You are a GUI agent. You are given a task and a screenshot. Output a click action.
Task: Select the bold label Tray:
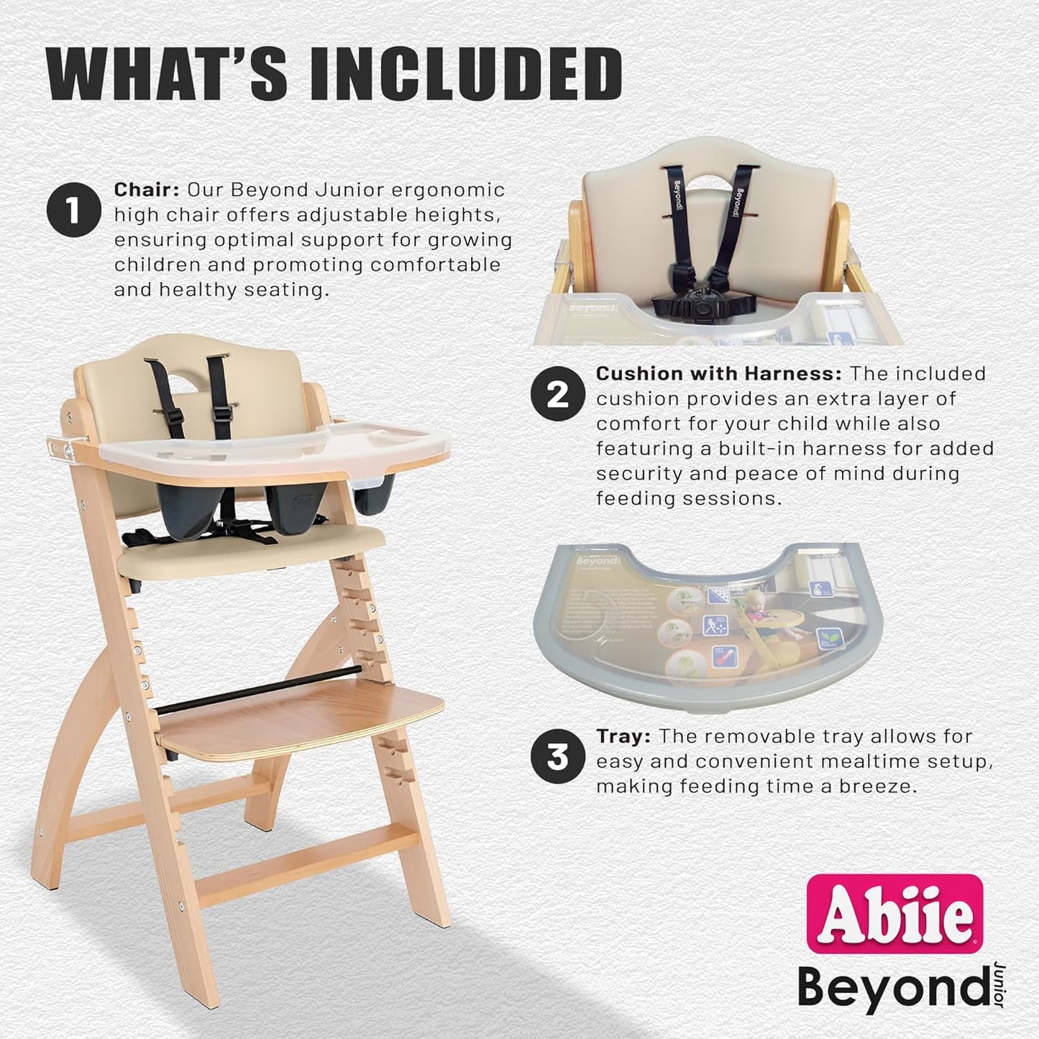coord(624,736)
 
